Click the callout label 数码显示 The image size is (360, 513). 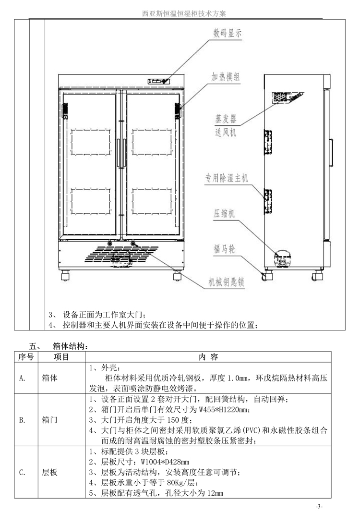(227, 34)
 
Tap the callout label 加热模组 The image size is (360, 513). (227, 76)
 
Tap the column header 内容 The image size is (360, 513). (208, 357)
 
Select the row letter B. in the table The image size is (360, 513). (22, 420)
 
